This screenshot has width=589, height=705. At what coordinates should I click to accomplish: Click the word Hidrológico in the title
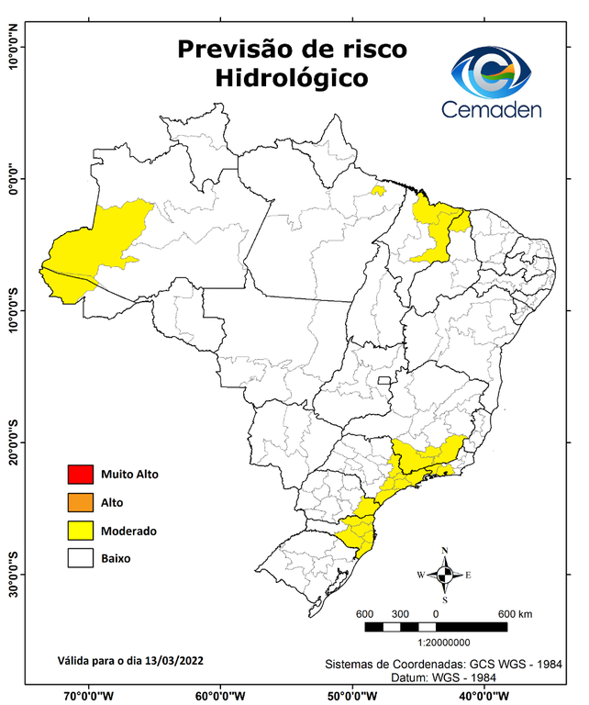click(292, 79)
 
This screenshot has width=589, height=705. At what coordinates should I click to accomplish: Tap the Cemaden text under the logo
click(492, 109)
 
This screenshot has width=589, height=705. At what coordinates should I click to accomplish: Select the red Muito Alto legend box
click(80, 475)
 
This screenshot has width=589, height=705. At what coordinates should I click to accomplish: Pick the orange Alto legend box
click(80, 502)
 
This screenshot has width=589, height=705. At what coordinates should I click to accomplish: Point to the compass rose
click(444, 575)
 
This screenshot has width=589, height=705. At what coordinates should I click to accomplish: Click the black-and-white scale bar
click(436, 627)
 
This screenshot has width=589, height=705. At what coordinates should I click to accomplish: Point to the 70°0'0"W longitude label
click(89, 695)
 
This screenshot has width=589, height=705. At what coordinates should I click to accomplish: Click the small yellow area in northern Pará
click(376, 191)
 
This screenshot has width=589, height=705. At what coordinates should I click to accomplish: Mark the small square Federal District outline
click(385, 379)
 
